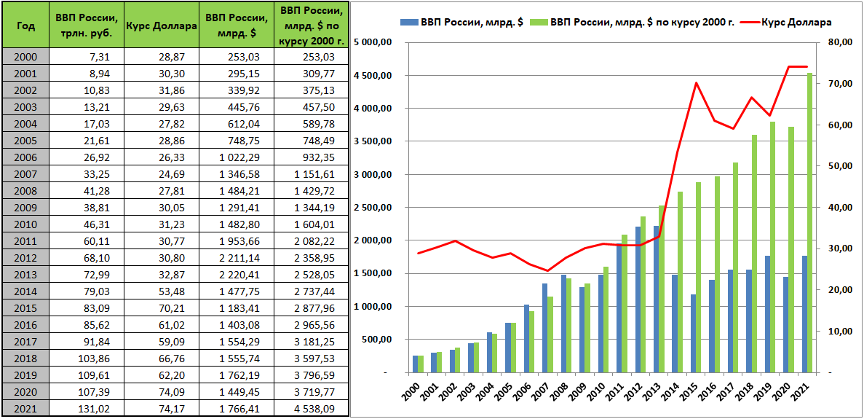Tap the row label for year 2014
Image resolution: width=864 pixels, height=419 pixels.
point(25,291)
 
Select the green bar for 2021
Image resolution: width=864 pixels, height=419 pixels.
point(809,222)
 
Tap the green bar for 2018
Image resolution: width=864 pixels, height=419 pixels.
point(755,254)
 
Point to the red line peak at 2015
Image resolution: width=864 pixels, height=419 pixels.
point(697,82)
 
